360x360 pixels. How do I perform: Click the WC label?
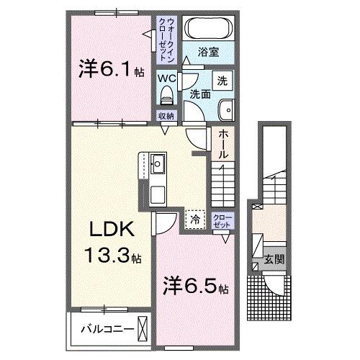point(166,78)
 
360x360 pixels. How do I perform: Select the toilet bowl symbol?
point(166,94)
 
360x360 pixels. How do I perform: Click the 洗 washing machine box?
point(224,81)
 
